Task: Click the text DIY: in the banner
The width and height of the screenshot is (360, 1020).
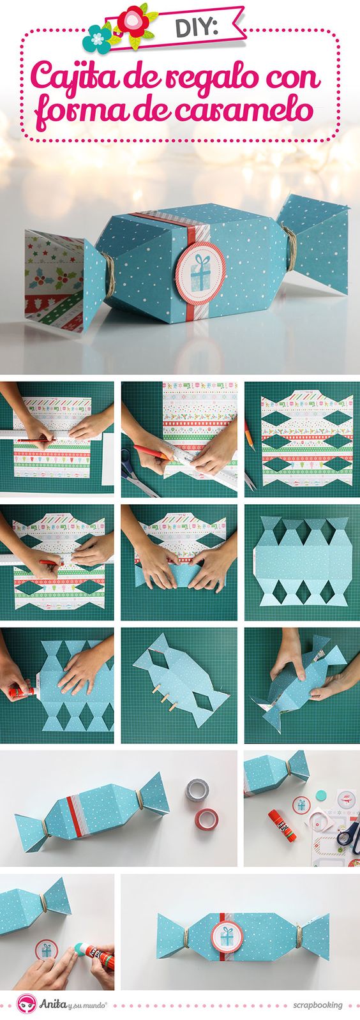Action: (x=197, y=28)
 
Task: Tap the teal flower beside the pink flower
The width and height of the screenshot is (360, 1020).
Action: (x=97, y=39)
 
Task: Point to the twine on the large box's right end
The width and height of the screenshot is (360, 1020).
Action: (x=288, y=246)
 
